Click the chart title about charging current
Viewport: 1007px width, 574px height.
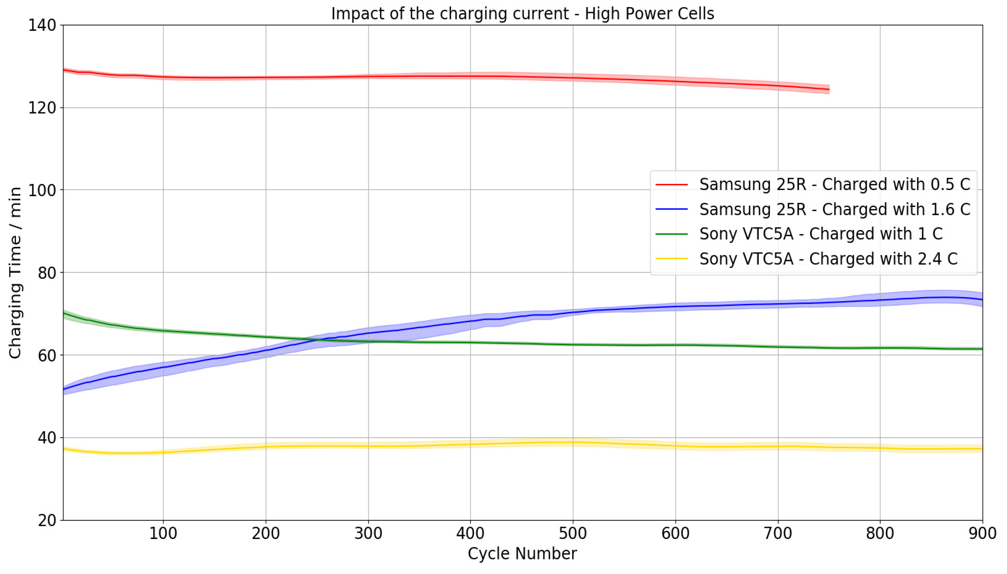522,14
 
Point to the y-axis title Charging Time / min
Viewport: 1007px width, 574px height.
15,273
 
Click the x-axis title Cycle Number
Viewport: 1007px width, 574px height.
522,553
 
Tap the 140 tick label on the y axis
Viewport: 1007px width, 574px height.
42,25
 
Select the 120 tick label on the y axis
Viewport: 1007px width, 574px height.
42,108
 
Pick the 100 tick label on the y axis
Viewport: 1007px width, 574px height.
42,190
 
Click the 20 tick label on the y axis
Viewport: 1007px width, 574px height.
47,520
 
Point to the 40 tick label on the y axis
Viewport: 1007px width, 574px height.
47,438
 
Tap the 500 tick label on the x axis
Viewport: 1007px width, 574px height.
573,533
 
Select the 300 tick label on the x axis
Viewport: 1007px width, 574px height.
368,533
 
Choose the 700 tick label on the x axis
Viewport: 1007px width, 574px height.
778,533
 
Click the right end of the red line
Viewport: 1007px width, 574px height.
829,89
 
